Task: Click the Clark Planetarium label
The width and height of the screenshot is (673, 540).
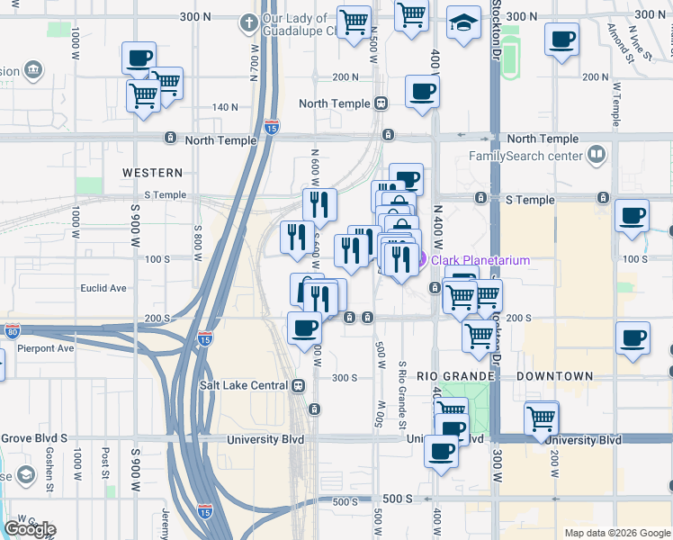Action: coord(480,261)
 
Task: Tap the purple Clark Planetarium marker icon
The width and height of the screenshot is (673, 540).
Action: coord(422,261)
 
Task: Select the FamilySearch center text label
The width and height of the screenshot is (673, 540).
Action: coord(525,156)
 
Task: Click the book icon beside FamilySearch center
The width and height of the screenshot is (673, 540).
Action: coord(596,156)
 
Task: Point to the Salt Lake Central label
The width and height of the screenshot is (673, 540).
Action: coord(243,385)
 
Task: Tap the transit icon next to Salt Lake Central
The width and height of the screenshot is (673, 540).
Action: coord(298,385)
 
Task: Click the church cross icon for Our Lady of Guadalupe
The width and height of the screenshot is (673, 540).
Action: coord(248,22)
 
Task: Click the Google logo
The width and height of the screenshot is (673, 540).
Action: coord(30,529)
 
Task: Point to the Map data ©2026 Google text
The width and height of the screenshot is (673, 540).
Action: coord(616,533)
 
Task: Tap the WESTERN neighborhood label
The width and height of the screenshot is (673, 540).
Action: coord(152,172)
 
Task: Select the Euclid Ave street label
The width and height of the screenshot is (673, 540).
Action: coord(104,288)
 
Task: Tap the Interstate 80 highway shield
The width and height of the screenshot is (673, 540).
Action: coord(12,331)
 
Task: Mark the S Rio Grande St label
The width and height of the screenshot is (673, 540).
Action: coord(402,396)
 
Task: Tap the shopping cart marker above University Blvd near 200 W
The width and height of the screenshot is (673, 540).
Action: coord(542,417)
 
